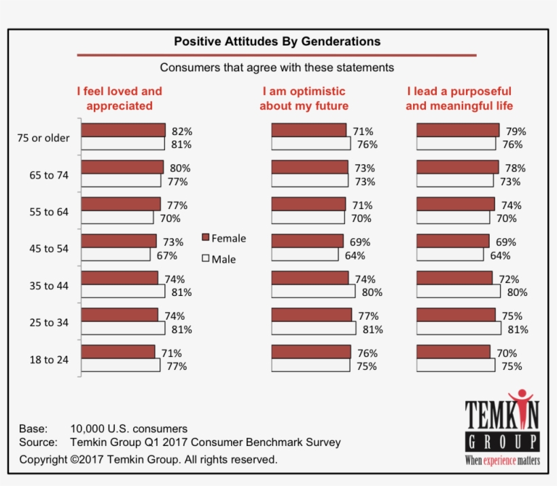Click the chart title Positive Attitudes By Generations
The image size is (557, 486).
(x=277, y=41)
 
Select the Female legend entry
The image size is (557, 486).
(x=224, y=238)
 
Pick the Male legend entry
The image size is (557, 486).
(x=219, y=259)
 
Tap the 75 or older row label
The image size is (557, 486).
(x=43, y=138)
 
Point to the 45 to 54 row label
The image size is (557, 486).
(x=49, y=248)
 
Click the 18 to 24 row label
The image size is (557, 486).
(x=49, y=360)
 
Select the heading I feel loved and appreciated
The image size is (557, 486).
(x=120, y=98)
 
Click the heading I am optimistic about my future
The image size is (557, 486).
(x=304, y=98)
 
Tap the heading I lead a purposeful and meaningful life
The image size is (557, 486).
(x=459, y=98)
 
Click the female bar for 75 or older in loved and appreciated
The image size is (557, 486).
(x=123, y=130)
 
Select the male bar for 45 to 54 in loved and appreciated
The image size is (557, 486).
(x=115, y=255)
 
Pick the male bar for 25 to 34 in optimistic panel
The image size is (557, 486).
(x=313, y=329)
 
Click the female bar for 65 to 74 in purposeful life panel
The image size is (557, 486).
(x=457, y=167)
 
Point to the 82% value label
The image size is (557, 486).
(x=181, y=131)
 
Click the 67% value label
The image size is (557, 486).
(x=167, y=255)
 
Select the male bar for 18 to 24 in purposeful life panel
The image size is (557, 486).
(x=456, y=365)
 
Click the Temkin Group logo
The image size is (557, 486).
(x=502, y=428)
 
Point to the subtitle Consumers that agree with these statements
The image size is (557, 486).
(x=277, y=68)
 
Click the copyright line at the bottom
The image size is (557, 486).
(x=148, y=460)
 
